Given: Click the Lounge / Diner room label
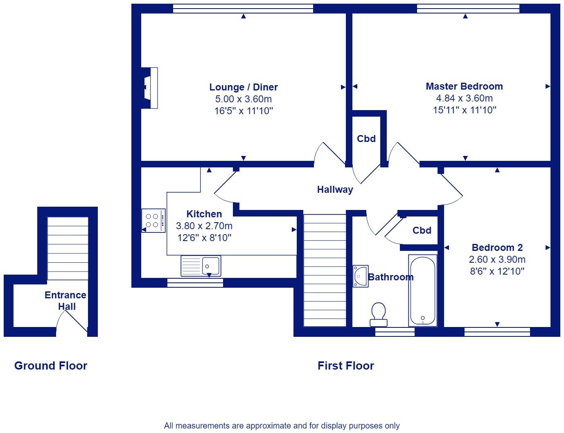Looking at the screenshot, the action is pos(244,87).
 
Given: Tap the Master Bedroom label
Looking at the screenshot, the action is pos(464,86).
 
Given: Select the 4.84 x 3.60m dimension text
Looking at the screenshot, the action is pos(464,98).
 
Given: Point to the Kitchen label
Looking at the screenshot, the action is pos(204,214).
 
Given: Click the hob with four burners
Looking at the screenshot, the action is pos(153,221).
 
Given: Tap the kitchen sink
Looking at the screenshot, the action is pos(201,266).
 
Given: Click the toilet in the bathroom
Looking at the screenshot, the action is pos(379,314).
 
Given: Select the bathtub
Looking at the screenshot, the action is pos(422,290).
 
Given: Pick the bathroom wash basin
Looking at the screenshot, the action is pos(361,276).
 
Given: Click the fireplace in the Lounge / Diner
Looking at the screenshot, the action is pos(149,88).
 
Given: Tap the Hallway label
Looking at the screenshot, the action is pos(335,189).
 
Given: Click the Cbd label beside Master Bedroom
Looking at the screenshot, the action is pos(366,139).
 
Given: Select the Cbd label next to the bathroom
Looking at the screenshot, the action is pos(422,230).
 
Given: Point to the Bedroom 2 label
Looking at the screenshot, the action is pos(497,248).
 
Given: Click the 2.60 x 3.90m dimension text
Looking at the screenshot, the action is pos(497,259).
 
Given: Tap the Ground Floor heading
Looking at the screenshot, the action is pos(51,366).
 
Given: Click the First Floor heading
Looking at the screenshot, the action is pos(346,366).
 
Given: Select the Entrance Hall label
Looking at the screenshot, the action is pos(65,301).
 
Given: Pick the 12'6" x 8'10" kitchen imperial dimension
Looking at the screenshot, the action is pos(204,238).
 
